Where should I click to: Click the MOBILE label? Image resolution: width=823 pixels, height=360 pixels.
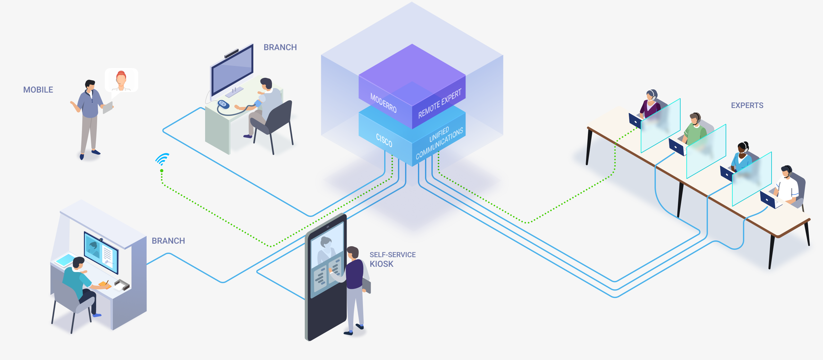(x=38, y=90)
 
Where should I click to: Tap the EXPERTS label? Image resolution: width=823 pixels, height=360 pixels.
(x=747, y=105)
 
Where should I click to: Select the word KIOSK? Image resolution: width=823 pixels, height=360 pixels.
(x=382, y=264)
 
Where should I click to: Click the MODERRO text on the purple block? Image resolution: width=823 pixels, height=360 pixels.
(x=384, y=103)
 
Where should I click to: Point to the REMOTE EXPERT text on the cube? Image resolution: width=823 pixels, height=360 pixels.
(x=440, y=104)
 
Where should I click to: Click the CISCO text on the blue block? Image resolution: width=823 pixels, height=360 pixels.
(x=384, y=140)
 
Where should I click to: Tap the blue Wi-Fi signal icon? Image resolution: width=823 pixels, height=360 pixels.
(x=163, y=159)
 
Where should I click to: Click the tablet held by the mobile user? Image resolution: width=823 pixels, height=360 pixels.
(x=108, y=107)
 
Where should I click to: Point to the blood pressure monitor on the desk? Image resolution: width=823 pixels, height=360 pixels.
(x=223, y=104)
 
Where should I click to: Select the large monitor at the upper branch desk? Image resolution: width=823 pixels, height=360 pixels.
(x=232, y=70)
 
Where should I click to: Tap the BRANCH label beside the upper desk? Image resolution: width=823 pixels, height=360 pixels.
(x=280, y=47)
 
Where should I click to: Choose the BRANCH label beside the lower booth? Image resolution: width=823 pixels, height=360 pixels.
(x=168, y=241)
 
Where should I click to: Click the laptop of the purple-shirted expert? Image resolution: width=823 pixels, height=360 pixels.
(x=635, y=121)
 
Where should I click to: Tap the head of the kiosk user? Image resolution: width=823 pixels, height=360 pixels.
(x=353, y=252)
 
